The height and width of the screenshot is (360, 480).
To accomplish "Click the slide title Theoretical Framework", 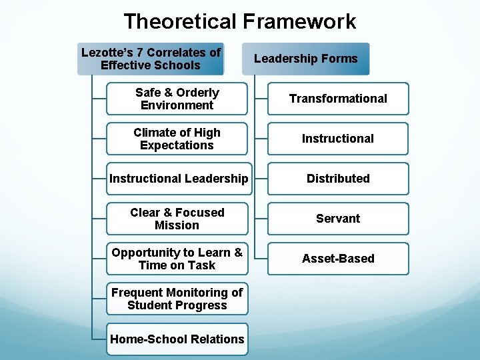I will coord(240,21).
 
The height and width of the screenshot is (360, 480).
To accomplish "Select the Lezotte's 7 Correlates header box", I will coord(151,59).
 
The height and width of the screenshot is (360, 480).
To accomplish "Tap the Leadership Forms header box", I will coord(305,59).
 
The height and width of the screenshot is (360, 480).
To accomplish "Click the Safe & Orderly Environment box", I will coord(177,99).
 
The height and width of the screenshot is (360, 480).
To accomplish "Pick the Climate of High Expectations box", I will coord(177,139).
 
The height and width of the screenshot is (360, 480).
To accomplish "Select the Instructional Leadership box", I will coord(179,179).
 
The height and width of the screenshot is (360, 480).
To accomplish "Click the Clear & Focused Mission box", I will coord(177,219).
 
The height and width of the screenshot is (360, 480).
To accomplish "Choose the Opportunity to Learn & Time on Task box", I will coord(177,259).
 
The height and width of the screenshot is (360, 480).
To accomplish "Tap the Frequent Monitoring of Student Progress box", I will coord(177,299).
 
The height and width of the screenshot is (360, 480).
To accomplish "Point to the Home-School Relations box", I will coord(177,339).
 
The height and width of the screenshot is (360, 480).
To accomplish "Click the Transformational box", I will coord(338,99).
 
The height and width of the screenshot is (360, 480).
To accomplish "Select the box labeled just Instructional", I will coord(338,139).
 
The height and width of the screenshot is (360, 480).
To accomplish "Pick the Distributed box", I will coord(338,179).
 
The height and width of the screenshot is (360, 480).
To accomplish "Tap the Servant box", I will coord(338,219).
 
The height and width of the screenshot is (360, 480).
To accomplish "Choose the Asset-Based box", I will coord(338,259).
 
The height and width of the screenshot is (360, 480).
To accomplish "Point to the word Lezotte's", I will coord(107,52).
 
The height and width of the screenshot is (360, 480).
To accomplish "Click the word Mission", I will coord(177,225).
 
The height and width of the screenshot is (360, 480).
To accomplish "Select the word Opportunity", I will coord(144,253).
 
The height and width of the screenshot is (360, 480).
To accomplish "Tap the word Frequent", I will coord(136,293).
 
